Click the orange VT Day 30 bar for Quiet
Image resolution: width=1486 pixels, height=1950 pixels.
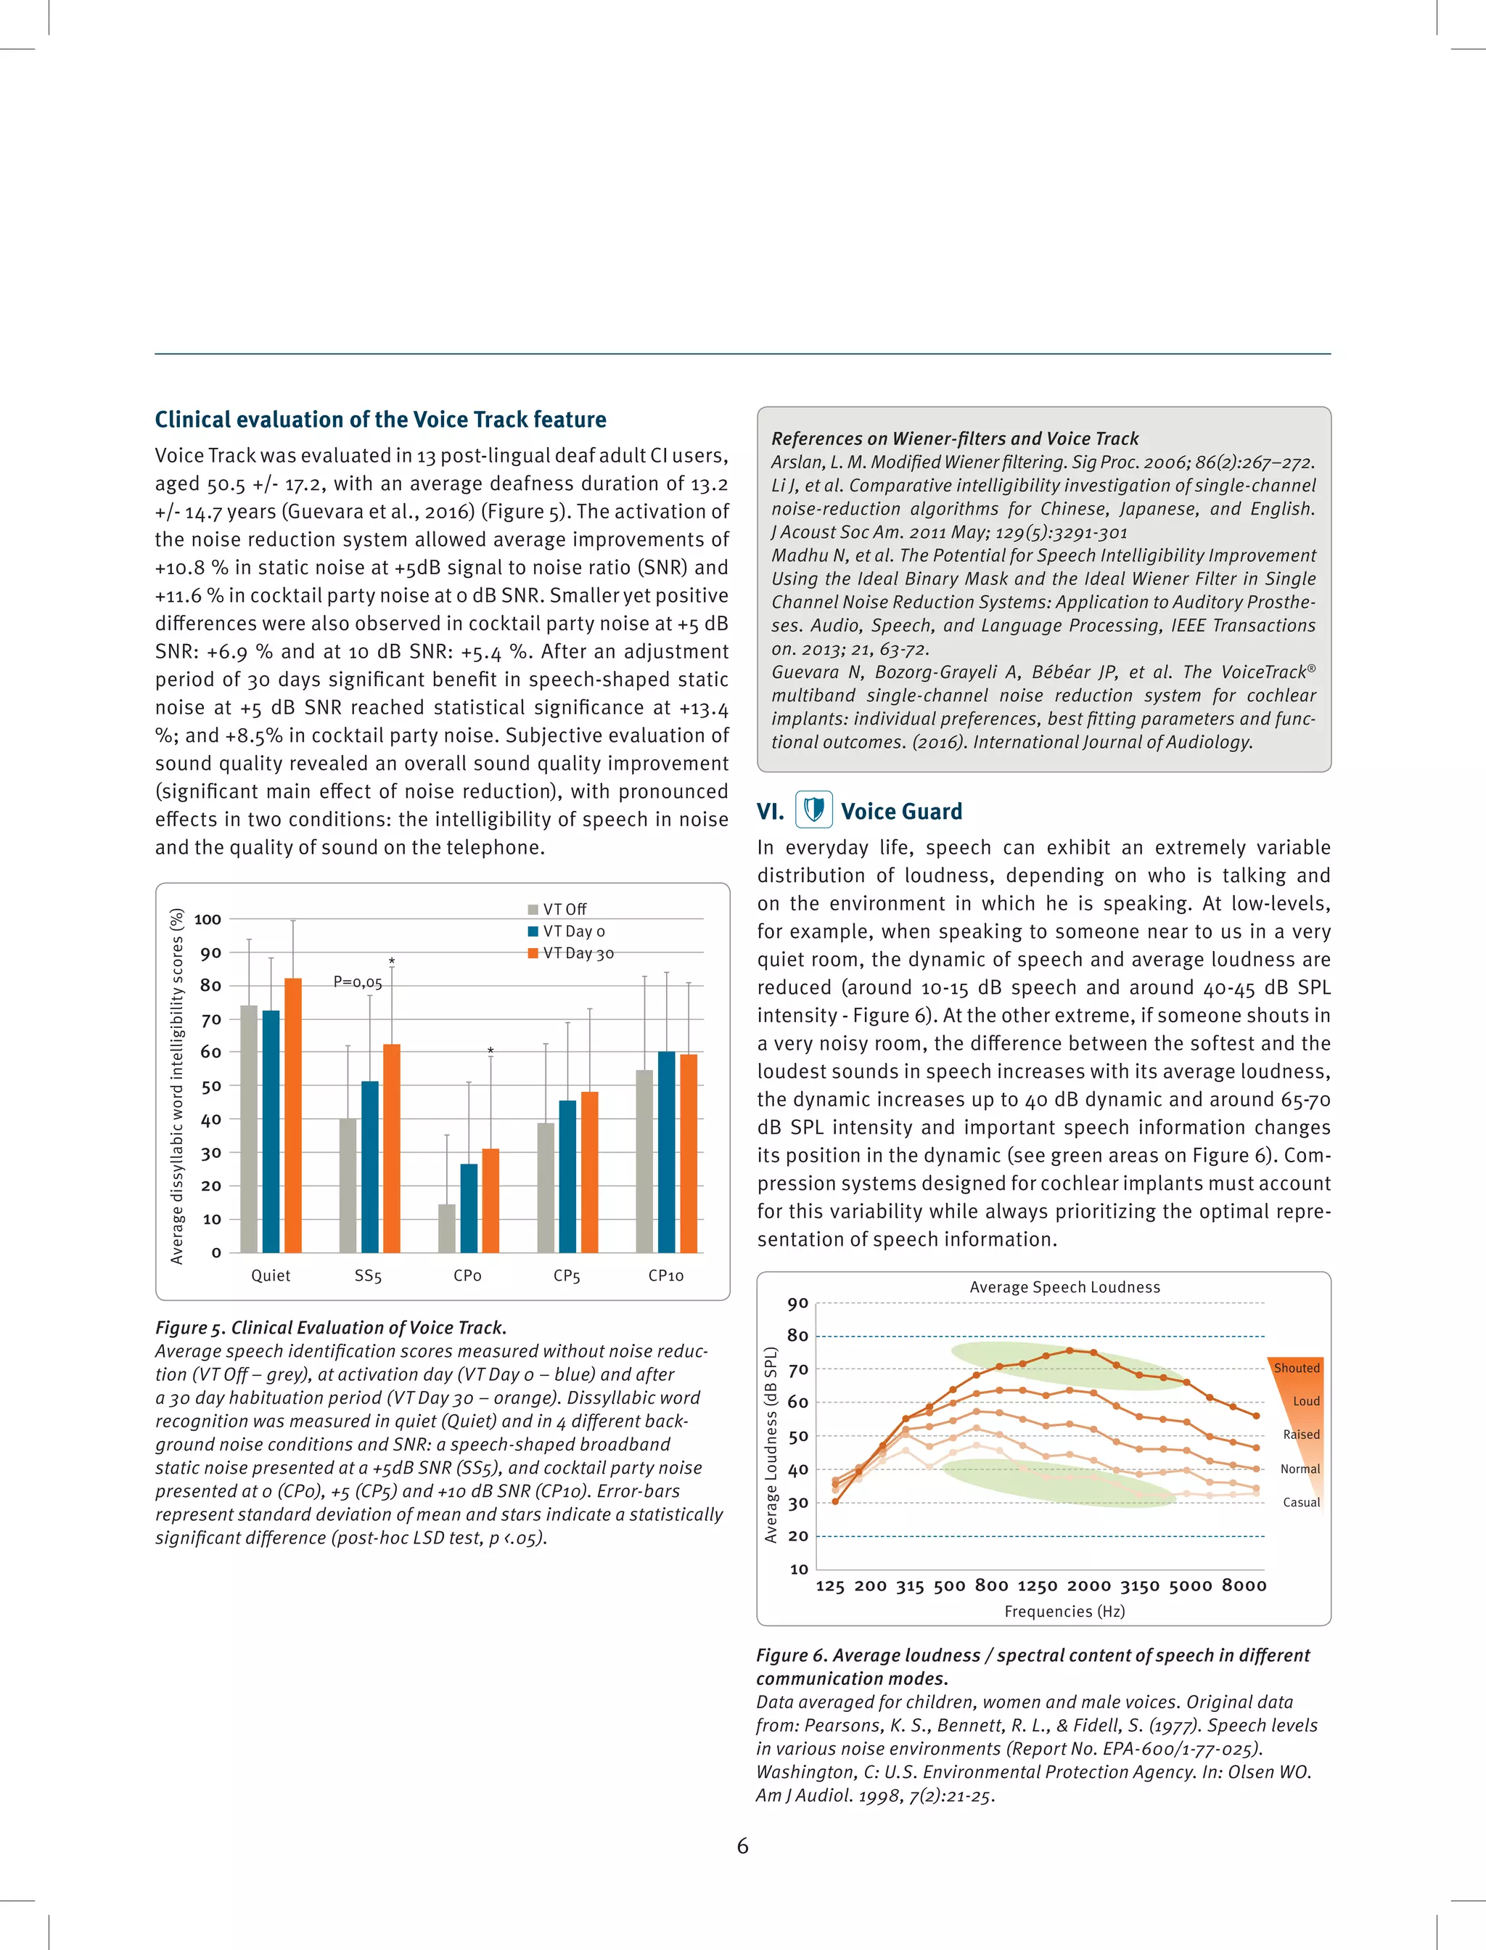tap(293, 1115)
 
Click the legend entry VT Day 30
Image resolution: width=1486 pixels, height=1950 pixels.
tap(572, 953)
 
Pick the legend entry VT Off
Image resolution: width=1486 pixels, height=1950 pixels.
tap(557, 910)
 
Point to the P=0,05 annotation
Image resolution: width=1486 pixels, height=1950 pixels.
tap(357, 982)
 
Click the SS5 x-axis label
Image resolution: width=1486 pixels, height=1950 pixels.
tap(368, 1276)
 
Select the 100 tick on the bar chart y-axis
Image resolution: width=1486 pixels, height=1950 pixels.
tap(207, 919)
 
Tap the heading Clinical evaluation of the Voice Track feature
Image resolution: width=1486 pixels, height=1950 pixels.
tap(380, 420)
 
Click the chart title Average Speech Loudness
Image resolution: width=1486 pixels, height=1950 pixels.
tap(1064, 1287)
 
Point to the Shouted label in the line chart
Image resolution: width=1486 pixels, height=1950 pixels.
tap(1296, 1368)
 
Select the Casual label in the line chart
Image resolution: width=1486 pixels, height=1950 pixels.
tap(1301, 1502)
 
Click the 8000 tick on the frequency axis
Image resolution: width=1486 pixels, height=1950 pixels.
tap(1244, 1586)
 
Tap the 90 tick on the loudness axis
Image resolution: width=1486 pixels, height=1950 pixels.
tap(798, 1303)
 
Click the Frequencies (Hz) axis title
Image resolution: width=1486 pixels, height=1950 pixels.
tap(1064, 1611)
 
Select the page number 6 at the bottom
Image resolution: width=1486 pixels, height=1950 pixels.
tap(742, 1845)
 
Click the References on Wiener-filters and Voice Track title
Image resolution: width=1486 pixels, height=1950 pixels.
tap(954, 438)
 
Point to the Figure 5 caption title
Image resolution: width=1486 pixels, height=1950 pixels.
tap(331, 1327)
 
